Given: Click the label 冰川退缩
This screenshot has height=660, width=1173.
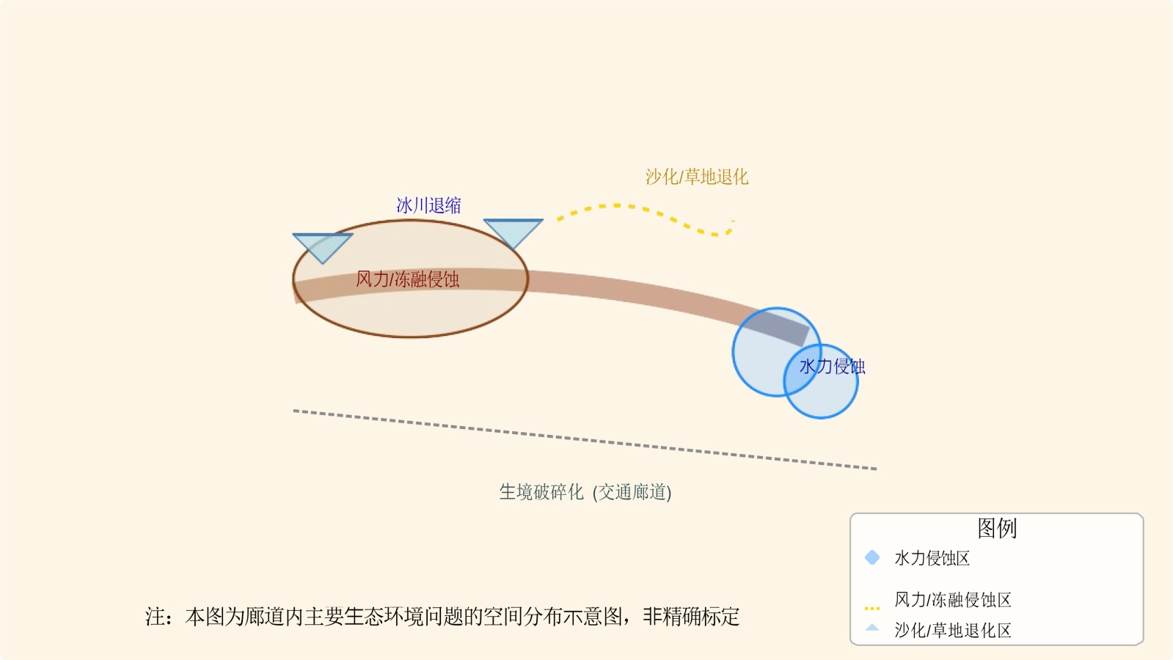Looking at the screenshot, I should [x=428, y=205].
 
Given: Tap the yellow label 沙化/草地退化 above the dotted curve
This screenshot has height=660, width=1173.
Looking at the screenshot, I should [x=696, y=177].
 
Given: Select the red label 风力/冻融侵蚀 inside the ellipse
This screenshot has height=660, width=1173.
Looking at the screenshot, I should [x=407, y=279].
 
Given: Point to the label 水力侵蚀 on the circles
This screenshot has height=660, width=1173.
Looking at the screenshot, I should [x=832, y=366].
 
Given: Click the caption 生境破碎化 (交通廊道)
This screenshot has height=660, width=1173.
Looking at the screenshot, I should [x=585, y=491].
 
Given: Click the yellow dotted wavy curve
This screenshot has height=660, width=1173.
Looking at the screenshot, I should [x=646, y=210].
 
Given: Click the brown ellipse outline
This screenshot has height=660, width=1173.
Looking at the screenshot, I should [x=411, y=337].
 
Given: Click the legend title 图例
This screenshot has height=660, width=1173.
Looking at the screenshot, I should [x=996, y=528].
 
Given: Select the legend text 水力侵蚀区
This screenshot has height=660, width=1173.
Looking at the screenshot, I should [x=932, y=558].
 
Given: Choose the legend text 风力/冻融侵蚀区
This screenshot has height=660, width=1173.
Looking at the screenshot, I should [x=952, y=600].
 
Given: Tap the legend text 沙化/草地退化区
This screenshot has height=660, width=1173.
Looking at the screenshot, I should [x=952, y=630].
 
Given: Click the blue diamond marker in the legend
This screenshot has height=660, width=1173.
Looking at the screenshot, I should [x=872, y=557].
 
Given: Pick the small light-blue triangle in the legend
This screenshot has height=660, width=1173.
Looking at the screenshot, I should [x=872, y=628].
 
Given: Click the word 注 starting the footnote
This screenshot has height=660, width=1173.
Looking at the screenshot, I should [x=155, y=617].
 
